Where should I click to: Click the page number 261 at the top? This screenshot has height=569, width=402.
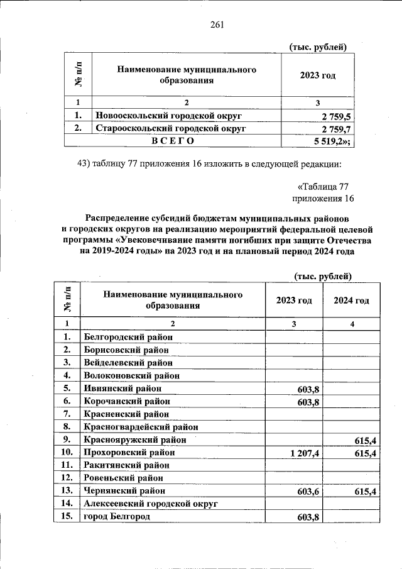[217, 25]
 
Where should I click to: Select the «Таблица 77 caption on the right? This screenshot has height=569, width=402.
[323, 187]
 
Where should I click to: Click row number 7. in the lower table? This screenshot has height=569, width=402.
[65, 414]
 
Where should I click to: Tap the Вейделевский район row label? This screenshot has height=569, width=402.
[127, 362]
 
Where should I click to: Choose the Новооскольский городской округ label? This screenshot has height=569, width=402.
[168, 116]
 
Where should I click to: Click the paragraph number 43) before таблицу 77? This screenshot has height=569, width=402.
[84, 164]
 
